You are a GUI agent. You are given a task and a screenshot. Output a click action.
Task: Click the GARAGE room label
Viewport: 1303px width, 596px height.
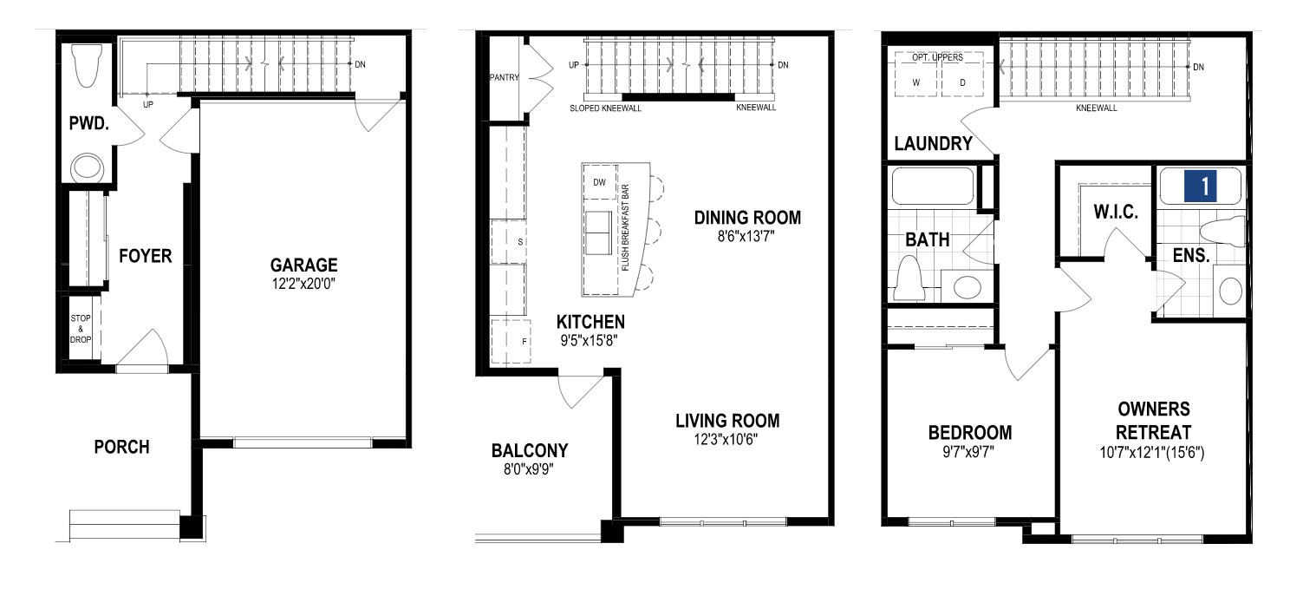(303, 265)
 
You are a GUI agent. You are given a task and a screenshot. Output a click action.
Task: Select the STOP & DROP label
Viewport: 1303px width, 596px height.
(81, 329)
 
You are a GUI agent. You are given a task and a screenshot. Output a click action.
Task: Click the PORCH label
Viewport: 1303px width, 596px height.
(121, 448)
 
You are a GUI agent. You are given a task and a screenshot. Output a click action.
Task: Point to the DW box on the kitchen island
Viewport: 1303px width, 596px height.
(599, 182)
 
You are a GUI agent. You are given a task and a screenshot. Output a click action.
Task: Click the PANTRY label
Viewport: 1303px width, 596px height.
(503, 77)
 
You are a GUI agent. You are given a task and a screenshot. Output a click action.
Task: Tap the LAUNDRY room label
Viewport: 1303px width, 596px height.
(933, 144)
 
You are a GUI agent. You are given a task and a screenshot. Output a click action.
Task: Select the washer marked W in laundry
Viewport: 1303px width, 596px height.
(915, 82)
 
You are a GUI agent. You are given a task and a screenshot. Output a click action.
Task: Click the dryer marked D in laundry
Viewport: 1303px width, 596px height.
(962, 82)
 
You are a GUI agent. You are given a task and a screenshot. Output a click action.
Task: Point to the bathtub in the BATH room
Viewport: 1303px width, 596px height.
(933, 186)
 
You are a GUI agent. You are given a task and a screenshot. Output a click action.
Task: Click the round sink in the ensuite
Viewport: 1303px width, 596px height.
(1229, 291)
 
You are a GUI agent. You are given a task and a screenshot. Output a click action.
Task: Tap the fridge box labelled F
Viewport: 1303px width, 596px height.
(524, 342)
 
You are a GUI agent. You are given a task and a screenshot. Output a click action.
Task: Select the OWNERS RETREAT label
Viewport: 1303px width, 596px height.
(1153, 421)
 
